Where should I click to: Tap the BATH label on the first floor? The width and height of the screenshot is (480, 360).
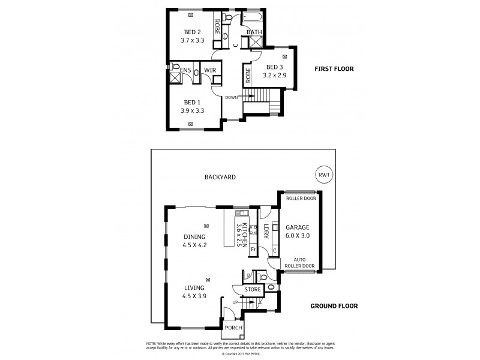click(x=253, y=32)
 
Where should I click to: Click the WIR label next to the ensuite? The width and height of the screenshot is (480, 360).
click(x=209, y=70)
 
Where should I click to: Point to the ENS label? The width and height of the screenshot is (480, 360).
click(x=186, y=70)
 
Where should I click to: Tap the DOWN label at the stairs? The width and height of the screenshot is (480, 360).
click(x=232, y=97)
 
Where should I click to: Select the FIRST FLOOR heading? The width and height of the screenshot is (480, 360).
click(x=334, y=69)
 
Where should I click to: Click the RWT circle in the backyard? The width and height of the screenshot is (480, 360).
click(x=323, y=175)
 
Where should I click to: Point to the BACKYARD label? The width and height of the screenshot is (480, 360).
click(x=220, y=177)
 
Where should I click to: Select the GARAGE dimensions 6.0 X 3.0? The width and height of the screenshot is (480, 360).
click(x=297, y=236)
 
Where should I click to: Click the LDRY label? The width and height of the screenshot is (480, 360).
click(x=266, y=231)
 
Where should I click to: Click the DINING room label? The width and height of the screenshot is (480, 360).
click(x=194, y=236)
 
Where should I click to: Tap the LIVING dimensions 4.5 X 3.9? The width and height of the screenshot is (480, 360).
click(x=194, y=296)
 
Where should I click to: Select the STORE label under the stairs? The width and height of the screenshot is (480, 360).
click(x=253, y=290)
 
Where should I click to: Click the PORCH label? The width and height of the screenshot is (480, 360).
click(x=233, y=328)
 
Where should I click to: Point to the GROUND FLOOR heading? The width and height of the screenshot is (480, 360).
click(x=334, y=306)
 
